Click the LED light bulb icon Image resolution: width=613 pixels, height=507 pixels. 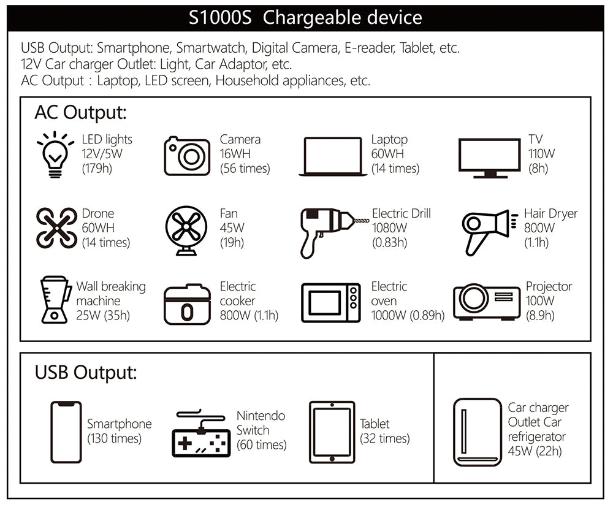point(55,154)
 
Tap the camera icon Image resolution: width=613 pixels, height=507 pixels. point(187,156)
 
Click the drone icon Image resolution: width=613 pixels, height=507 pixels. point(56,228)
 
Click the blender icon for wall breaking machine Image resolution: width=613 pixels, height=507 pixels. point(54,300)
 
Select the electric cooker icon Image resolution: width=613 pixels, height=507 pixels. point(187,302)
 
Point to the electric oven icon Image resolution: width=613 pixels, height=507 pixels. point(330,302)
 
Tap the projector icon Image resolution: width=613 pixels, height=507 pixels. point(487,300)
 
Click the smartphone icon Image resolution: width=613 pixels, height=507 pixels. point(66,432)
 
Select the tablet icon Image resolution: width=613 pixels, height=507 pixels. point(332,432)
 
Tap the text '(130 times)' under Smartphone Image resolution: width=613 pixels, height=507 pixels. point(114,438)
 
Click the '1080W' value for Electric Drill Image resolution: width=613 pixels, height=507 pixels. point(389,228)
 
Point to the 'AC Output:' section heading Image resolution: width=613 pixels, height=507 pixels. point(80,113)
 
